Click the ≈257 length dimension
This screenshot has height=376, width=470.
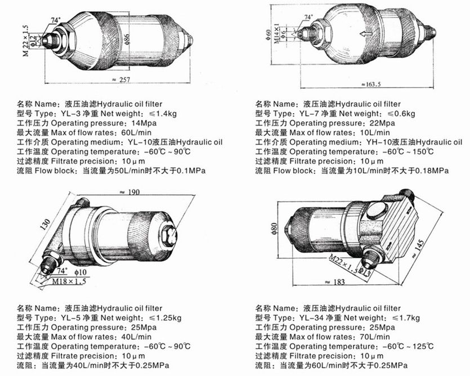(121, 80)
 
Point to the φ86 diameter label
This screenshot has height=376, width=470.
(128, 39)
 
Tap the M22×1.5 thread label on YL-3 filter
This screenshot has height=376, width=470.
(26, 41)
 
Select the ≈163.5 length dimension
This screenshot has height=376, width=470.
(371, 84)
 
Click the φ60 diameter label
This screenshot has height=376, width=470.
(268, 35)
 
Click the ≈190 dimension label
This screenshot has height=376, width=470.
(129, 192)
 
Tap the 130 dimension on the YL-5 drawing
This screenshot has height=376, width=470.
(46, 225)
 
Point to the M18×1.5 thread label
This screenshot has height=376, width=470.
(69, 281)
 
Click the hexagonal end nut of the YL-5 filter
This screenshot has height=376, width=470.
(169, 235)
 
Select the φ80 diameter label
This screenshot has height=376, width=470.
(275, 229)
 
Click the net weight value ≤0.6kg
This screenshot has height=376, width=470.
(401, 114)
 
